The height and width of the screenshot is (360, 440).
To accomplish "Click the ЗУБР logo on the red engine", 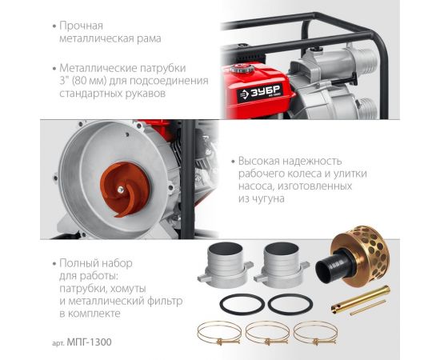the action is (x=260, y=92).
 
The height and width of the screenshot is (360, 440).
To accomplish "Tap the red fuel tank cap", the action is (x=242, y=69).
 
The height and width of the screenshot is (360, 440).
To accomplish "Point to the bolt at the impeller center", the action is (x=121, y=190).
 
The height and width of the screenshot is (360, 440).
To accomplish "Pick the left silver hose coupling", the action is (x=226, y=265).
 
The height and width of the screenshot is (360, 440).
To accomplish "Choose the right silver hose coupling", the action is (x=282, y=265).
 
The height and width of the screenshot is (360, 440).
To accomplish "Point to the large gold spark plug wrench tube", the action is (x=361, y=299).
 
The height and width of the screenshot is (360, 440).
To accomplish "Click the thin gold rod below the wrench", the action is (x=368, y=307).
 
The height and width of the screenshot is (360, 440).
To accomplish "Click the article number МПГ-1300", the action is (x=90, y=342).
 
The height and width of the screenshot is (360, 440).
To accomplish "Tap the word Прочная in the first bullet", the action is (x=81, y=26).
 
